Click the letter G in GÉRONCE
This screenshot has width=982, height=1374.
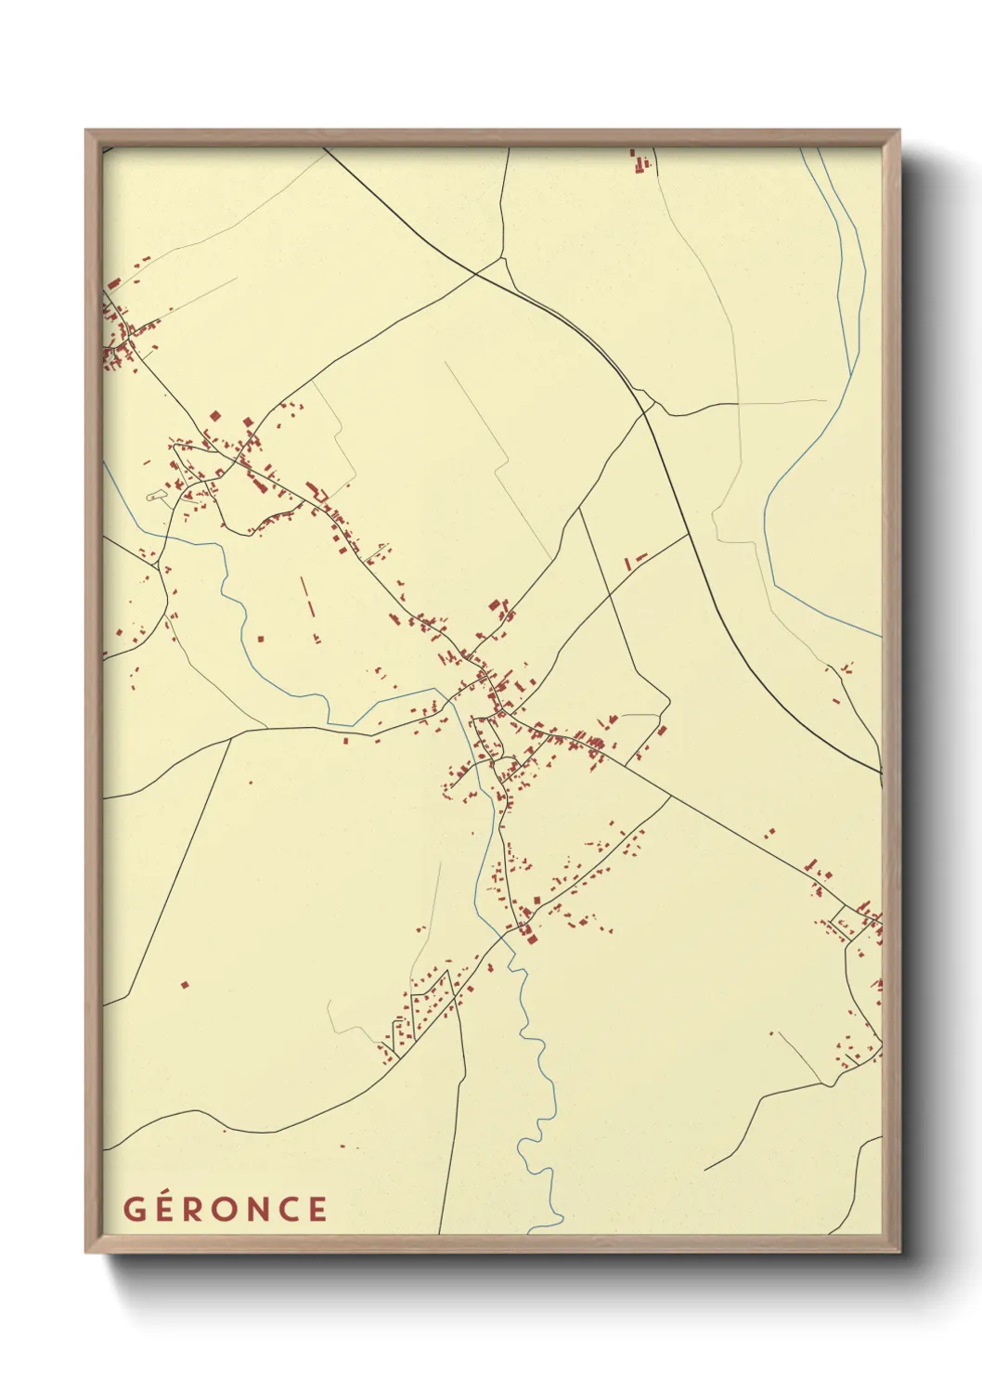pyautogui.click(x=134, y=1210)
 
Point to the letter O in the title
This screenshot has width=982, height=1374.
pyautogui.click(x=226, y=1210)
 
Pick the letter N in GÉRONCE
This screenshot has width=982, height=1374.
pyautogui.click(x=259, y=1210)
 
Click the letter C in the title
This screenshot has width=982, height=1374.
pyautogui.click(x=290, y=1210)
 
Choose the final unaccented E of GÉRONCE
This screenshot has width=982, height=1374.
pyautogui.click(x=318, y=1210)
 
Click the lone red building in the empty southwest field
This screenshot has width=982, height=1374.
pyautogui.click(x=184, y=984)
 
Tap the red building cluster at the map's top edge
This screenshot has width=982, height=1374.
pyautogui.click(x=640, y=162)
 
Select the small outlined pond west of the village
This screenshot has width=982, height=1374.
pyautogui.click(x=157, y=497)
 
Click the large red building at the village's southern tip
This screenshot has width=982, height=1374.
pyautogui.click(x=532, y=938)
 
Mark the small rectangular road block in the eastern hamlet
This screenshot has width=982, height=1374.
pyautogui.click(x=846, y=924)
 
